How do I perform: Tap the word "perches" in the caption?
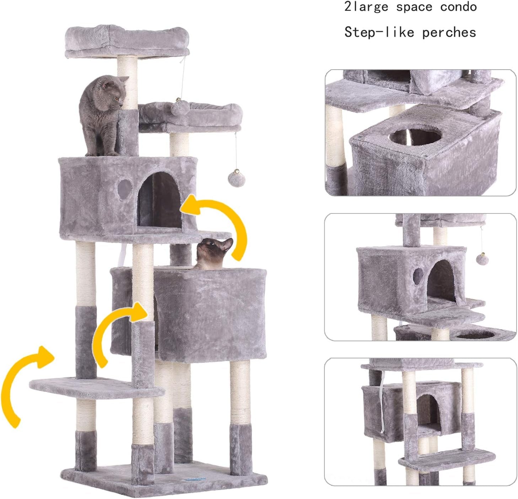click(449, 33)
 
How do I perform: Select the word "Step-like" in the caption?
click(379, 33)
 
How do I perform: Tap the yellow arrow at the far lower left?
click(23, 384)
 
